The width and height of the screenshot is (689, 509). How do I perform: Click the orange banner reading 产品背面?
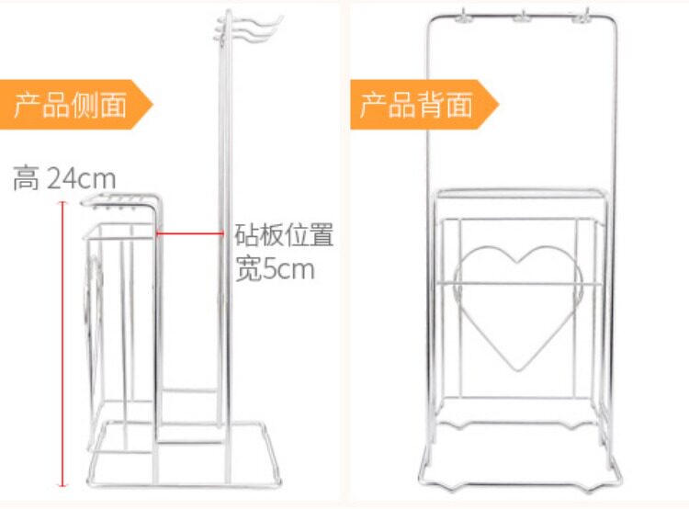(x=418, y=104)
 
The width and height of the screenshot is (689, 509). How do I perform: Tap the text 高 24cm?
(x=64, y=177)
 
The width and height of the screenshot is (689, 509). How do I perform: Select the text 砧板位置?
(x=284, y=234)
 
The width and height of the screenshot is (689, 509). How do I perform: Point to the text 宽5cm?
(x=275, y=270)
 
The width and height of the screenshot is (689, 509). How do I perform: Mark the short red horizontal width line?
(x=188, y=232)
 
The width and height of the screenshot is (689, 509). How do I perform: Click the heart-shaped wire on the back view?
(x=518, y=307)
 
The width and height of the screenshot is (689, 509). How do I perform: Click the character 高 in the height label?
(x=25, y=177)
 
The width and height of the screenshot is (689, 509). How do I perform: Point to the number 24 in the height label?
(x=61, y=177)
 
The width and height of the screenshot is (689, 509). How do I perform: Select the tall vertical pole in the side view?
(x=221, y=230)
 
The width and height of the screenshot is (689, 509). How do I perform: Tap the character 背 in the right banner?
(x=431, y=104)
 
